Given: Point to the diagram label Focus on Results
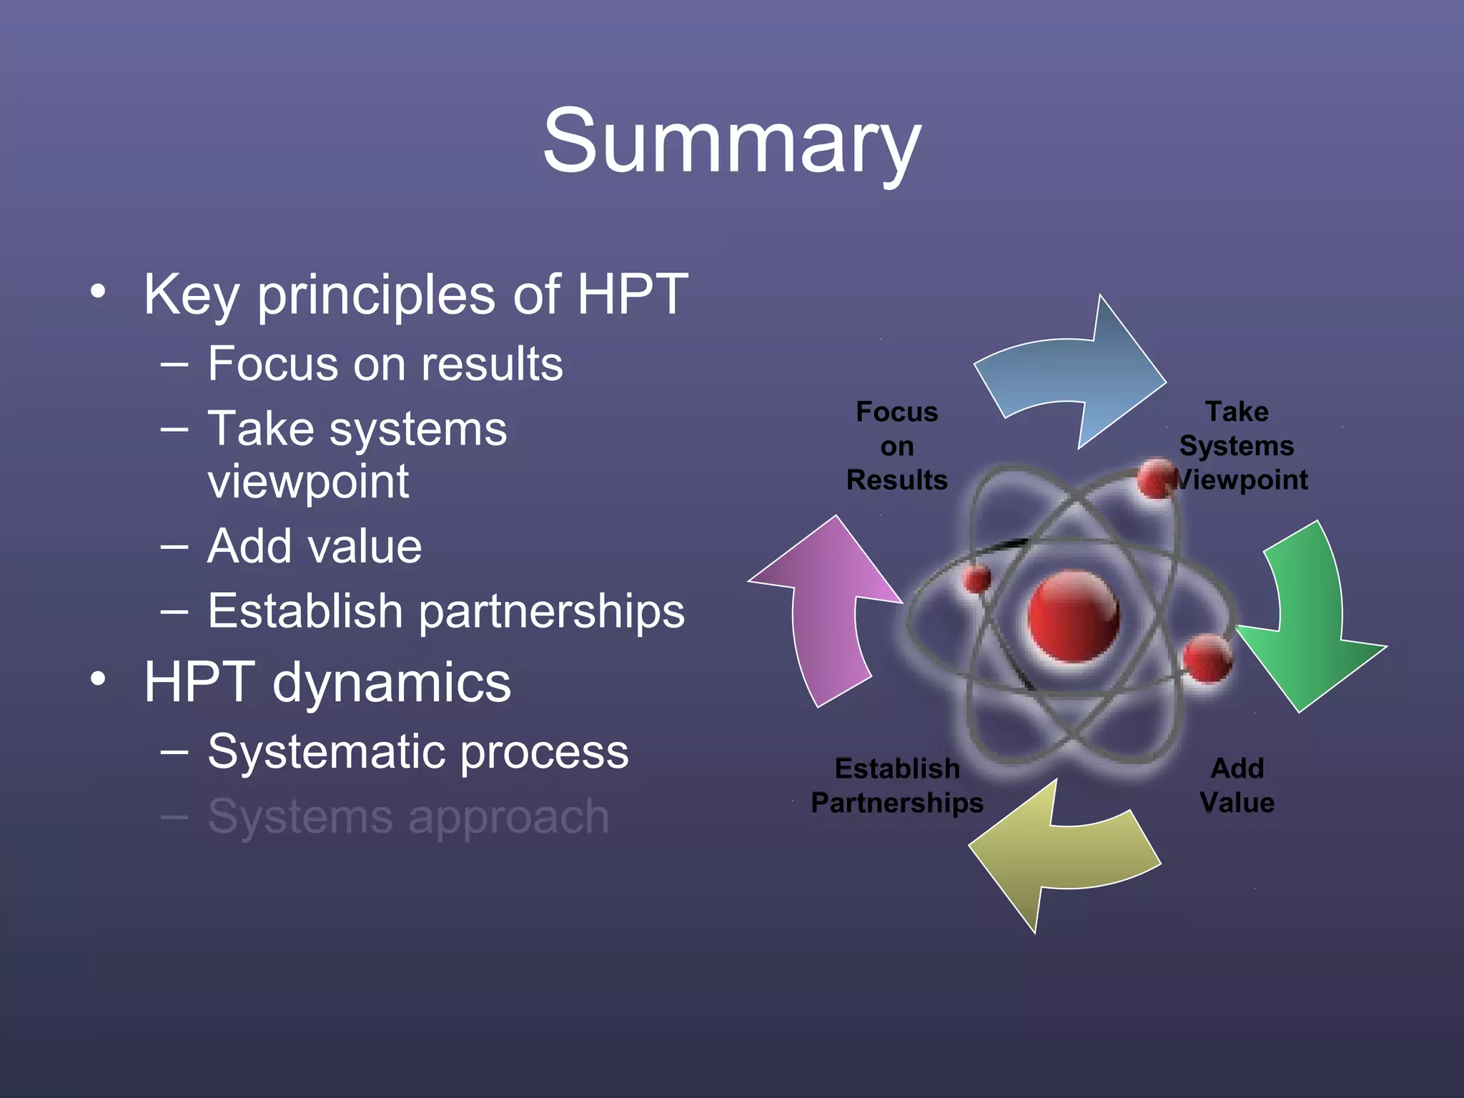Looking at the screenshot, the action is (896, 445).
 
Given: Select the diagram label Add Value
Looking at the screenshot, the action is (1237, 785).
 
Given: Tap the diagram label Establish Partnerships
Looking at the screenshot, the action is (896, 785).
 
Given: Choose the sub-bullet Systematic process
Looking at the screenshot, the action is (417, 751).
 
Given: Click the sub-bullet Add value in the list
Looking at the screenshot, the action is (315, 546).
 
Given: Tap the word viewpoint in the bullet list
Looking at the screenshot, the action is (308, 482).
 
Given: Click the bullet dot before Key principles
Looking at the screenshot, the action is (98, 291).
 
